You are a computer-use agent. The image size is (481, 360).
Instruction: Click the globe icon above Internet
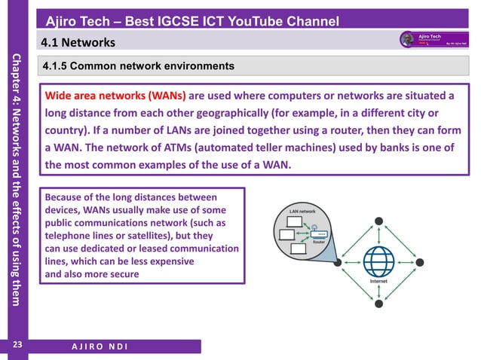(378, 261)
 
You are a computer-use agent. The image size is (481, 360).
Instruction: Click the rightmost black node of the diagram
(421, 262)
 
